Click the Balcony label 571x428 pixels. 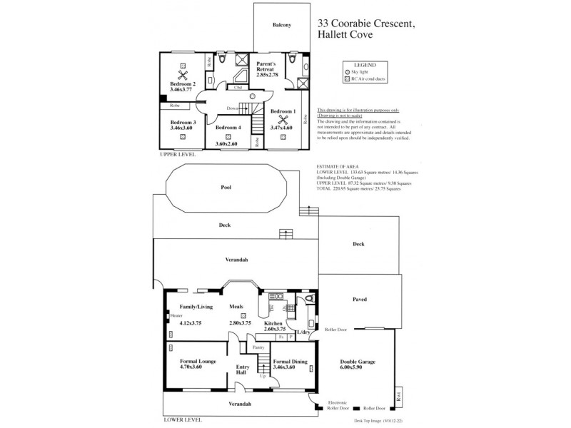click(x=282, y=26)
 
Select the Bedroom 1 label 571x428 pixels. click(x=283, y=112)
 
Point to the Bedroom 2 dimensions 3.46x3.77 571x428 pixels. click(x=183, y=91)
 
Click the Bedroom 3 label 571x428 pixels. click(x=183, y=123)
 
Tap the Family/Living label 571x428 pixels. click(x=186, y=307)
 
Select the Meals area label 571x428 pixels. click(x=236, y=307)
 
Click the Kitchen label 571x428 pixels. click(x=274, y=322)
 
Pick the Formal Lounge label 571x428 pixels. click(x=197, y=362)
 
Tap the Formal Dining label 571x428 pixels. click(x=290, y=362)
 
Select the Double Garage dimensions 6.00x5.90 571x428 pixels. click(x=357, y=369)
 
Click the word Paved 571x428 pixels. click(x=359, y=300)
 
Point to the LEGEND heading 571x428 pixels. click(x=365, y=64)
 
